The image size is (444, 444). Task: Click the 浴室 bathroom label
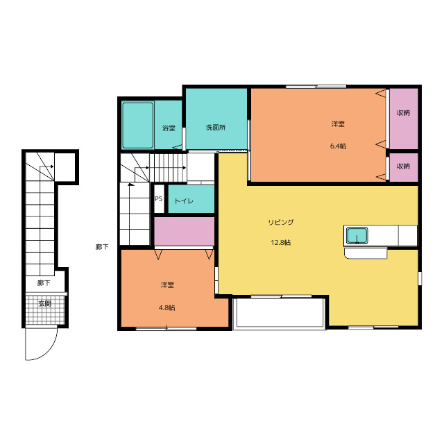(169, 128)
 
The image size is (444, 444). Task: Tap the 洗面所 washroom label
(216, 128)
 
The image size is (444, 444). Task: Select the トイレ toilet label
(184, 201)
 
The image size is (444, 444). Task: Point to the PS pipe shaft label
(159, 199)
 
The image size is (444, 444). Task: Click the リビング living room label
(281, 222)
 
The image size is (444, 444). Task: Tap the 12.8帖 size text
(280, 242)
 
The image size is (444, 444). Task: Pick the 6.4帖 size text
(338, 146)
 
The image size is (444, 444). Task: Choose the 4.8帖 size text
(166, 307)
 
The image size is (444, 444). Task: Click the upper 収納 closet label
(403, 112)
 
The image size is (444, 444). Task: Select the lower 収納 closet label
(403, 166)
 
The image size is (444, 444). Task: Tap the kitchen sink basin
(357, 236)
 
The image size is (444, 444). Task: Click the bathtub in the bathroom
(138, 125)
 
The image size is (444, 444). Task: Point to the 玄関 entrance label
(44, 304)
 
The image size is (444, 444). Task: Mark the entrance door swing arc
(51, 350)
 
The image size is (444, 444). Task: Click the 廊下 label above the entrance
(44, 282)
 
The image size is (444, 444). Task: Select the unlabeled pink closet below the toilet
(184, 231)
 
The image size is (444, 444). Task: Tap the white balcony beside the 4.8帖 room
(279, 313)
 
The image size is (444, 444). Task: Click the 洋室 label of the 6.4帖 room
(338, 124)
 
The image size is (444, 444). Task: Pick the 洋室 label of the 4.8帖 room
(167, 285)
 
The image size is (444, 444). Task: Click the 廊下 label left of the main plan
(102, 247)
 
